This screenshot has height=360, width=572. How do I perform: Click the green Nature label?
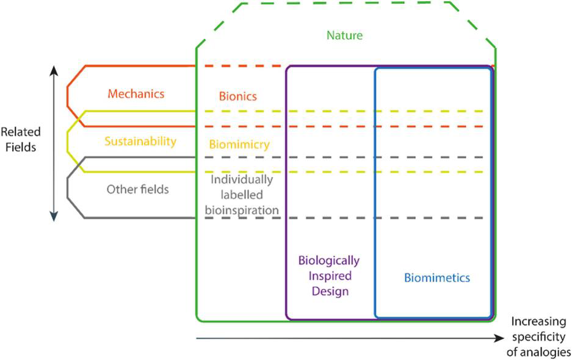click(345, 35)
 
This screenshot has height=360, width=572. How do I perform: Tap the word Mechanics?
click(136, 94)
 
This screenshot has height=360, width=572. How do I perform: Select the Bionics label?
click(238, 96)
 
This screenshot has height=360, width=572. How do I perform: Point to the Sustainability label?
click(140, 142)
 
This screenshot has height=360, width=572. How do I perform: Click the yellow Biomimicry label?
click(239, 145)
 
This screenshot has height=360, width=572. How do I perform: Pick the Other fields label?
click(138, 189)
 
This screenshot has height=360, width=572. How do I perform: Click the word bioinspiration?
click(242, 209)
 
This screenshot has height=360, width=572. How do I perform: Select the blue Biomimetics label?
click(437, 278)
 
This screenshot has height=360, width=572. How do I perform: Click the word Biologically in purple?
click(329, 261)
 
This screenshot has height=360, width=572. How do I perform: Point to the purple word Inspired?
click(330, 276)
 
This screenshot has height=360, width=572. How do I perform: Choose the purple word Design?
click(330, 291)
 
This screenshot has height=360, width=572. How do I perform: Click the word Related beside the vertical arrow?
click(20, 132)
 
